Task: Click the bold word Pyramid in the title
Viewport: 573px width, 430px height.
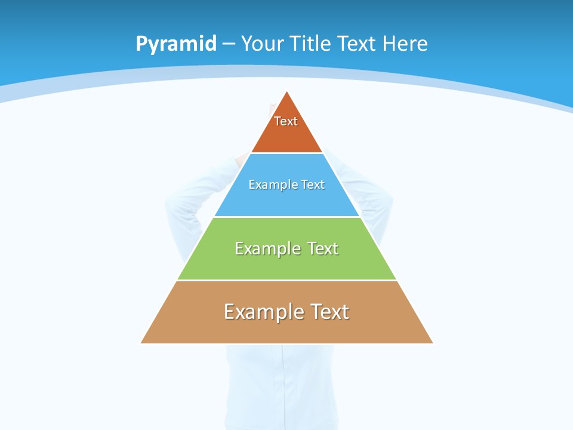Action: pos(176,44)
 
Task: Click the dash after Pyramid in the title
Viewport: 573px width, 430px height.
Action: pos(229,44)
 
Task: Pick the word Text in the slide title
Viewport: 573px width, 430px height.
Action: pos(358,44)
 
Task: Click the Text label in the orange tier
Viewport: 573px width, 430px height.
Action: pos(286,121)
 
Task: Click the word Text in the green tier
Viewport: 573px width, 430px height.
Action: pos(323,248)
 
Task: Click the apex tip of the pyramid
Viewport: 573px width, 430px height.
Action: pos(287,92)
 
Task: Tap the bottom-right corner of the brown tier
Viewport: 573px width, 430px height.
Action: pos(432,343)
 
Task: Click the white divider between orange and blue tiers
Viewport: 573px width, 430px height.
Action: pos(287,153)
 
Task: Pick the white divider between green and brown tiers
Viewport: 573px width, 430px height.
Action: pos(287,280)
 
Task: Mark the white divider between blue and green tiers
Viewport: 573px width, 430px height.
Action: pos(287,217)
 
